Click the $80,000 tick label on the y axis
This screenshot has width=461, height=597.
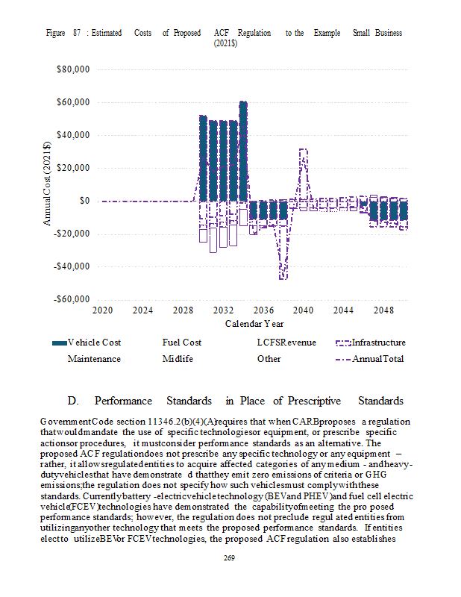73,69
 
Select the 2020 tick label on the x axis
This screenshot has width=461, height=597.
102,310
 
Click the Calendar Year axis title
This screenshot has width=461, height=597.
254,324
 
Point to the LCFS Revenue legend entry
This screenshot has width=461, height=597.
286,343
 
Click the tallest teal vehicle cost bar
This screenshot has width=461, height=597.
243,149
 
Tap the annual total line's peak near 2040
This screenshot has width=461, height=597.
303,150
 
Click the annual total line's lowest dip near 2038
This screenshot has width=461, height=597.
283,278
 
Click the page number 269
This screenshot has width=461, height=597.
230,560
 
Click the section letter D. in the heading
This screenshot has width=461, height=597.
72,401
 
